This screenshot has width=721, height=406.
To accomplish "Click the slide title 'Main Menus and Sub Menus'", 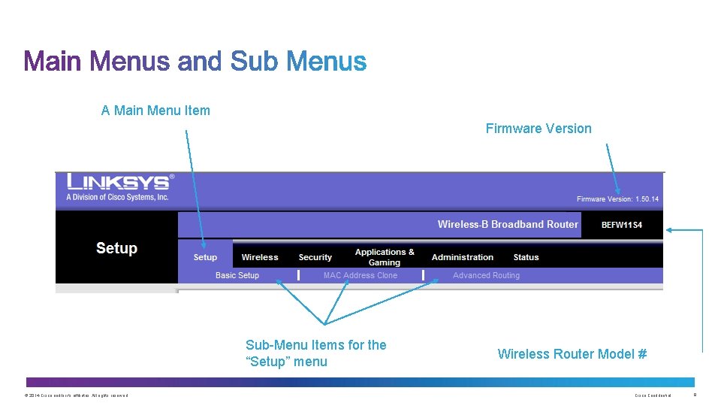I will pyautogui.click(x=195, y=61).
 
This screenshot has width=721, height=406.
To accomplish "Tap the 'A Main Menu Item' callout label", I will pyautogui.click(x=155, y=111).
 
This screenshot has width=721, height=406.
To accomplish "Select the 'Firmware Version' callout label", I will pyautogui.click(x=538, y=129).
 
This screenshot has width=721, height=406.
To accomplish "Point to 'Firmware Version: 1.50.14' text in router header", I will pyautogui.click(x=617, y=199).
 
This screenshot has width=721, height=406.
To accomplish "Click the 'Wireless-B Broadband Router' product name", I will pyautogui.click(x=508, y=224).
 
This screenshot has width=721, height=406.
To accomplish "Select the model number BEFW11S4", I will pyautogui.click(x=622, y=225).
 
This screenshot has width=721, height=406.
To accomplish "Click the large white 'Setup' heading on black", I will pyautogui.click(x=116, y=248).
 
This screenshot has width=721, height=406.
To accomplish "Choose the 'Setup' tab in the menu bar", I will pyautogui.click(x=205, y=257).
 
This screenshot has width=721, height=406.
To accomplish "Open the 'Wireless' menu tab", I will pyautogui.click(x=260, y=257).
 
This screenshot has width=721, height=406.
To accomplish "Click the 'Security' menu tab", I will pyautogui.click(x=315, y=257).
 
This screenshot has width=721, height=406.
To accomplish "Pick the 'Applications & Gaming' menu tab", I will pyautogui.click(x=385, y=257).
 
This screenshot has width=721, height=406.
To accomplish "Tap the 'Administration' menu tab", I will pyautogui.click(x=463, y=257).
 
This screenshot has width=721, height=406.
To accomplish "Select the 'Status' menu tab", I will pyautogui.click(x=526, y=257).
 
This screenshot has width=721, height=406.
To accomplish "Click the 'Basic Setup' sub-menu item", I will pyautogui.click(x=237, y=275).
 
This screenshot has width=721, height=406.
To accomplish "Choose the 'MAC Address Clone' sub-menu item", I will pyautogui.click(x=360, y=275).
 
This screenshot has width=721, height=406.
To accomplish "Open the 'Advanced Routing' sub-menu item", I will pyautogui.click(x=486, y=275).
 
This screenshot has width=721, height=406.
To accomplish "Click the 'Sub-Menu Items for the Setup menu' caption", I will pyautogui.click(x=316, y=353).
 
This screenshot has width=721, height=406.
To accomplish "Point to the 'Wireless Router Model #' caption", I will pyautogui.click(x=572, y=354).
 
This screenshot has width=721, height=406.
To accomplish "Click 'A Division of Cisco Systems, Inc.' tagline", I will pyautogui.click(x=118, y=197).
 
